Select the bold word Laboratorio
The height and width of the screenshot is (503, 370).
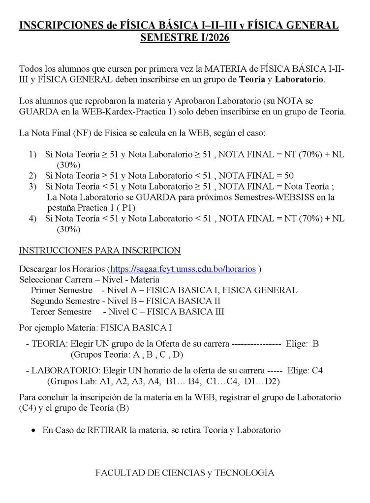point(300,80)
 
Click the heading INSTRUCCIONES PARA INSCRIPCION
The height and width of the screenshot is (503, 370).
point(99,251)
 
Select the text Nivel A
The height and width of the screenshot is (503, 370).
point(120,290)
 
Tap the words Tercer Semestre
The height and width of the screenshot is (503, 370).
point(61,311)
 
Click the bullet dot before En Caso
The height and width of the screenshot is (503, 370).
point(33,431)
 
